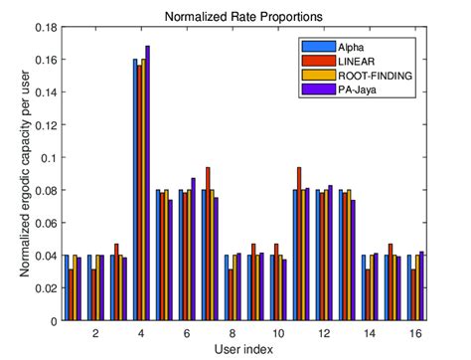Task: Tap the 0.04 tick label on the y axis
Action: coord(44,256)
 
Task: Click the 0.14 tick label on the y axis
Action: coord(44,92)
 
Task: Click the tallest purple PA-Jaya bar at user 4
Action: coord(148,184)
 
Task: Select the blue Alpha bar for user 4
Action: coord(135,190)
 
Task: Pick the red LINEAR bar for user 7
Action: coord(208,244)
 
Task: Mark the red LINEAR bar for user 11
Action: coord(299,244)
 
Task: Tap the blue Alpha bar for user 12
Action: coord(318,256)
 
